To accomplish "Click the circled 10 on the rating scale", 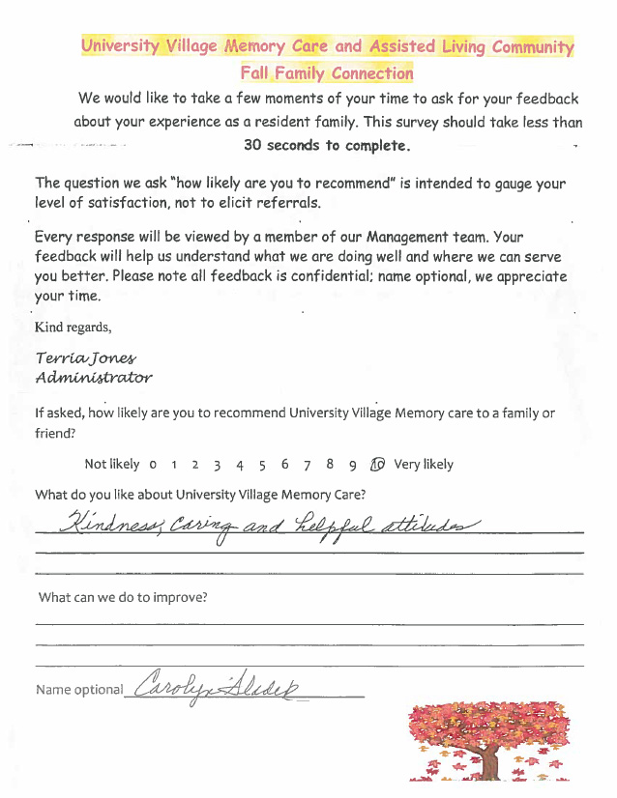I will (x=377, y=464).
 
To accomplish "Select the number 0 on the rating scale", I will (x=153, y=465).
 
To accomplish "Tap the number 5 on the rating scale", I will (x=262, y=465).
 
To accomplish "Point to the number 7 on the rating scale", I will (x=307, y=465).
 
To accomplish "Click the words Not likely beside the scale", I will (x=112, y=464).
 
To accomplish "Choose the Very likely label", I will (x=424, y=464).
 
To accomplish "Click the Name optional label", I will (x=79, y=690).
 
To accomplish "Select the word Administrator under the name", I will (x=93, y=377).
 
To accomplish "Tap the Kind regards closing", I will (x=73, y=327).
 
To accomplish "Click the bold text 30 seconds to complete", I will (x=327, y=146).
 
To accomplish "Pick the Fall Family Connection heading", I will (x=327, y=72).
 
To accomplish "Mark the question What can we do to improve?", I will (x=123, y=597).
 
